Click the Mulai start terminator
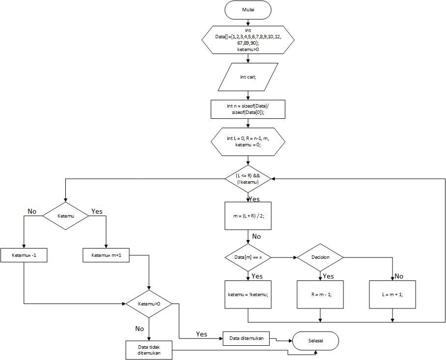pyautogui.click(x=248, y=9)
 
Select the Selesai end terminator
pyautogui.click(x=315, y=340)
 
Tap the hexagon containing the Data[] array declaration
pyautogui.click(x=248, y=40)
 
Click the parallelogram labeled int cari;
pyautogui.click(x=248, y=77)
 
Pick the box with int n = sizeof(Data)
pyautogui.click(x=248, y=109)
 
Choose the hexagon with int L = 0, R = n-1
pyautogui.click(x=248, y=142)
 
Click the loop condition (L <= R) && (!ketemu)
pyautogui.click(x=248, y=179)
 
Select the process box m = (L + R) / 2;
pyautogui.click(x=248, y=216)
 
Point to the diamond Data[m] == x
pyautogui.click(x=248, y=257)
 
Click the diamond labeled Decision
pyautogui.click(x=320, y=257)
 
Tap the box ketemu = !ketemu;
pyautogui.click(x=248, y=294)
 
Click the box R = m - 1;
pyautogui.click(x=320, y=294)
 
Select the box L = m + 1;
pyautogui.click(x=392, y=294)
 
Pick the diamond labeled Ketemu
pyautogui.click(x=65, y=216)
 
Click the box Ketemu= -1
pyautogui.click(x=24, y=255)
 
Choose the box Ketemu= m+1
pyautogui.click(x=107, y=255)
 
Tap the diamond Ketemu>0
pyautogui.click(x=149, y=304)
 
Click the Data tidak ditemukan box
pyautogui.click(x=149, y=350)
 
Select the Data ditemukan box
pyautogui.click(x=246, y=338)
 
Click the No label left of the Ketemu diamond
pyautogui.click(x=32, y=211)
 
